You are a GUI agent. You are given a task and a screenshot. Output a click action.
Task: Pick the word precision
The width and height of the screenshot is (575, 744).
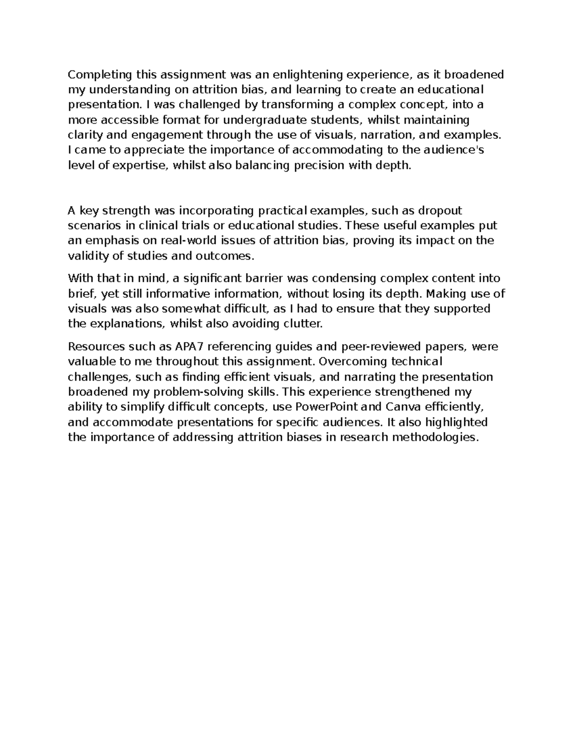point(317,166)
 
